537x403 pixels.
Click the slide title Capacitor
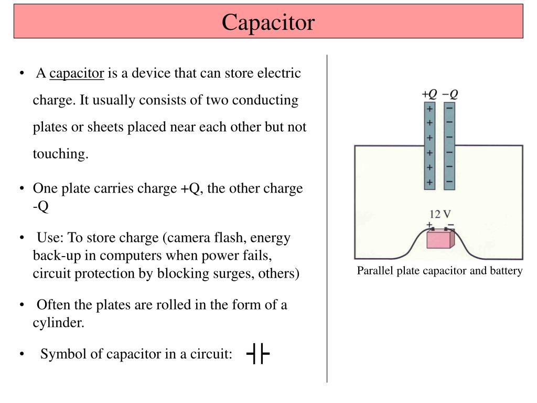click(268, 22)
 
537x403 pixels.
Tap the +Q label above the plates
click(429, 94)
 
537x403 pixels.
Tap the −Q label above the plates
click(450, 94)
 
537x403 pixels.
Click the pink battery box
click(438, 239)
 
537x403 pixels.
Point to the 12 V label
click(440, 214)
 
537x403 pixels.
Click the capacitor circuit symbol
click(257, 354)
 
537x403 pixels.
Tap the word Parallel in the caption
click(373, 271)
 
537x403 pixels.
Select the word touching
click(60, 154)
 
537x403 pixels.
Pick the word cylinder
click(57, 323)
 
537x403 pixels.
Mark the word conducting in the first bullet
click(265, 100)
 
